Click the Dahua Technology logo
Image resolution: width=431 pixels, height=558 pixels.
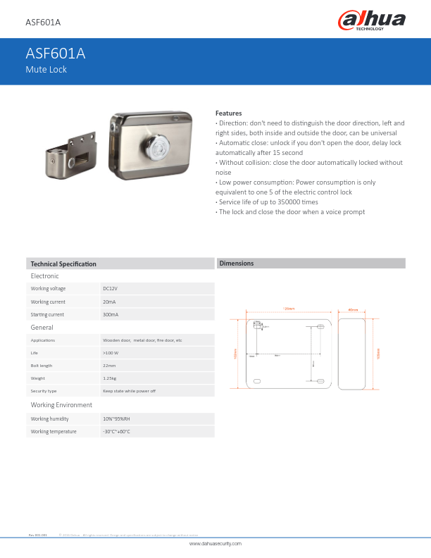[x=373, y=20]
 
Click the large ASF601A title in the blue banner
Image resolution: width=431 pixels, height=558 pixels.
[x=56, y=53]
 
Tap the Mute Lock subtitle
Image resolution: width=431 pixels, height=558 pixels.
[x=46, y=69]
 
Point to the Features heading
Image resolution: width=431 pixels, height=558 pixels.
[x=228, y=113]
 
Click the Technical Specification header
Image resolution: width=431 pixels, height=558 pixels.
[x=63, y=263]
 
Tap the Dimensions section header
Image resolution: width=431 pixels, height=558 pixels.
[x=237, y=263]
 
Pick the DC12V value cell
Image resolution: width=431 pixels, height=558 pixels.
[x=110, y=288]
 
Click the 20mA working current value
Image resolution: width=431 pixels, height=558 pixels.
[x=109, y=302]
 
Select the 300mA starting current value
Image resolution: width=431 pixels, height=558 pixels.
[x=111, y=314]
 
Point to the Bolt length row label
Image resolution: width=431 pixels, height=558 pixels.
[x=42, y=366]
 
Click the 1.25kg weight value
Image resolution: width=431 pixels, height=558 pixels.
[x=110, y=378]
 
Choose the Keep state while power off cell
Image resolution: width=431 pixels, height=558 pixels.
[x=129, y=390]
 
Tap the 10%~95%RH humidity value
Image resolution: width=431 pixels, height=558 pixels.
[x=116, y=418]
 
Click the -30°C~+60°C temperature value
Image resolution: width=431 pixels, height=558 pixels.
[x=117, y=431]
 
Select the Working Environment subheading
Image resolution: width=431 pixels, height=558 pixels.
[x=61, y=405]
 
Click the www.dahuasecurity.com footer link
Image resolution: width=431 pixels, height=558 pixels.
[x=216, y=544]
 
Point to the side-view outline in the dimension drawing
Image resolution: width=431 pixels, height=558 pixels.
[x=353, y=352]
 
